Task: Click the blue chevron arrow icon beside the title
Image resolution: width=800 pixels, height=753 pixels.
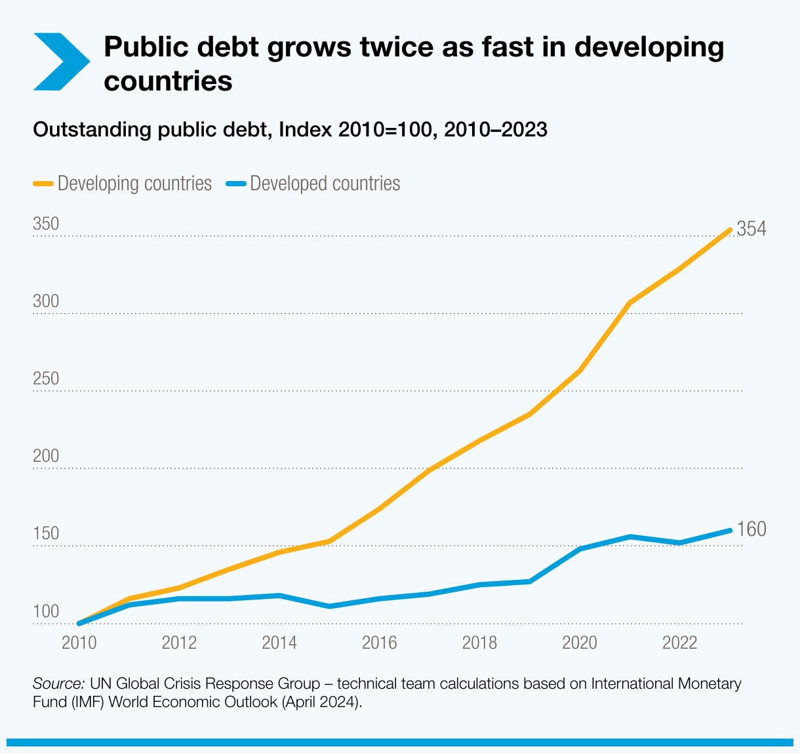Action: coord(60,62)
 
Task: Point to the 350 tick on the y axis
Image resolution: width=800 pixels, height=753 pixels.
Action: coord(46,224)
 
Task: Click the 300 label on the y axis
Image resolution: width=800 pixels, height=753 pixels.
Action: coord(46,301)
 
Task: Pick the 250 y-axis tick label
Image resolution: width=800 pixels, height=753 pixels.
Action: coord(46,378)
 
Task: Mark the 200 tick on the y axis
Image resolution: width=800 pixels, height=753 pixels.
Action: coord(46,456)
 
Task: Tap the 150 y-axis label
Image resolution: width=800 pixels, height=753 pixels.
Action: coord(46,533)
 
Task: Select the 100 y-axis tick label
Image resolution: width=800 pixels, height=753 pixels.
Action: coord(46,611)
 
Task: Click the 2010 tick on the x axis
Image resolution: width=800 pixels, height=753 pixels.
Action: coord(79,642)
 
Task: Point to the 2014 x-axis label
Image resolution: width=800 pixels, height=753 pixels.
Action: coord(279,642)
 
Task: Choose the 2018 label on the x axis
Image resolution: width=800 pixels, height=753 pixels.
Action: coord(479,642)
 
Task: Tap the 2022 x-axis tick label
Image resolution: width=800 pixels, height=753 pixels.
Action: coord(680,642)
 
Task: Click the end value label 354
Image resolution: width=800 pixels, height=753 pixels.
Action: coord(751,229)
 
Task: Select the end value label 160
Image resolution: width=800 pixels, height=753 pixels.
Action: coord(751,529)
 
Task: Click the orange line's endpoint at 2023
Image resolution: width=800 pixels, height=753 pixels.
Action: coord(730,230)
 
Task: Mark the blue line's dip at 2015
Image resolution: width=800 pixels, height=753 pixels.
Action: coord(329,606)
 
